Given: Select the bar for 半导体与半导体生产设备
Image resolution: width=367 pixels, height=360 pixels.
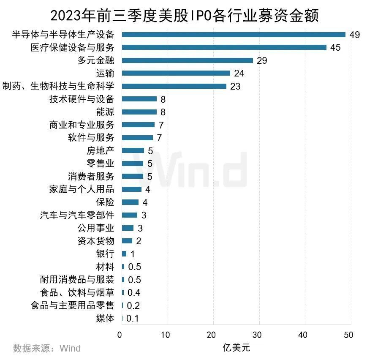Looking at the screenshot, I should coord(234,35).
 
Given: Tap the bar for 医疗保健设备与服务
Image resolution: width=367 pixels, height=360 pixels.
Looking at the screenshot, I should coord(224,47).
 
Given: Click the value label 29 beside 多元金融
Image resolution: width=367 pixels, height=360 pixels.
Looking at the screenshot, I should coord(262,60).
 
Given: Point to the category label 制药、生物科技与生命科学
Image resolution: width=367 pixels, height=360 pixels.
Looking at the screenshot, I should coord(58,86).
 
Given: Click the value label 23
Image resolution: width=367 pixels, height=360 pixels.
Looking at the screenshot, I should coord(235,86).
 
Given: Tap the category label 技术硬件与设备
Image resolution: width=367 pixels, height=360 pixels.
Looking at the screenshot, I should coord(82,99).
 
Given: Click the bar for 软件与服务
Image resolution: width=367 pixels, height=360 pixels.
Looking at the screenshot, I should coord(137,138).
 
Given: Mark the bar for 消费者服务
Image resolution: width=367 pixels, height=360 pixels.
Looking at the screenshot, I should coord(133,176).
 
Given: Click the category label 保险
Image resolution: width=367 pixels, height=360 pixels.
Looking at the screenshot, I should coord(105,202).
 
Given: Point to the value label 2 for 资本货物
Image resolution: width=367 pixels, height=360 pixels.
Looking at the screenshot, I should coord(139,241).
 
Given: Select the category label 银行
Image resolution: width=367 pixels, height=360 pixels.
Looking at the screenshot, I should coord(105,254).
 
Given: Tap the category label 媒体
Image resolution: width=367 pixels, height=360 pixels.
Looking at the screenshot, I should coord(105,318).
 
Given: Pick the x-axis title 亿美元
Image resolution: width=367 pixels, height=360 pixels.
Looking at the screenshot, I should coord(236,348).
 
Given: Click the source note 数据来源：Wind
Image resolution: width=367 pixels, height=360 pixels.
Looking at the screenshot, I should coord(46,348).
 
